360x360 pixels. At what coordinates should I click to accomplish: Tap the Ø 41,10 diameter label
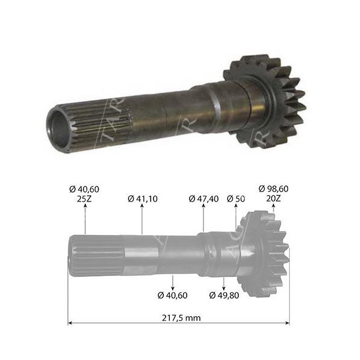point(142,198)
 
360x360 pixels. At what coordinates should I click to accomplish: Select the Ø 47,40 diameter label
point(204,198)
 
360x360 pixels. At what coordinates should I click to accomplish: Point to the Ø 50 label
point(236,198)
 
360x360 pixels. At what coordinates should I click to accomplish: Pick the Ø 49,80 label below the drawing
point(224,295)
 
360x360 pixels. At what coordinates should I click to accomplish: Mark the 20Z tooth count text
point(274,198)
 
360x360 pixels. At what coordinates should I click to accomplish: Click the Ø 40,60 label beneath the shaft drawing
point(173,295)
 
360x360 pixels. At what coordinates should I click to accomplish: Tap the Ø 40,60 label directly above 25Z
point(85,188)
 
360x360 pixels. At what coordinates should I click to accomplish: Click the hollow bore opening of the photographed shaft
point(58,129)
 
